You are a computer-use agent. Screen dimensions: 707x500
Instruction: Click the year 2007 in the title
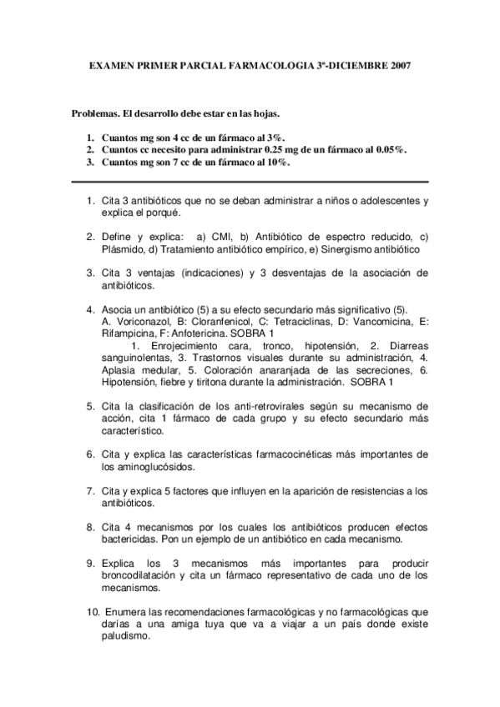click(x=397, y=64)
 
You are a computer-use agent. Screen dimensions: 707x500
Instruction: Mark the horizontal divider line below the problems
click(x=250, y=182)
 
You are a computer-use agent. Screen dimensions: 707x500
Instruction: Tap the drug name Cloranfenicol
click(x=212, y=321)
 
